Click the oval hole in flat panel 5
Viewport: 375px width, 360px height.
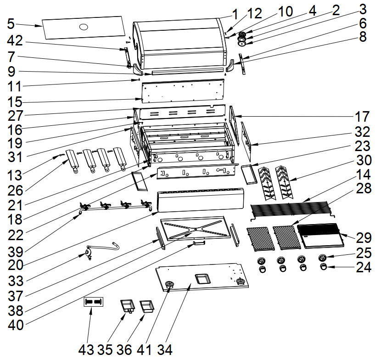click(x=84, y=27)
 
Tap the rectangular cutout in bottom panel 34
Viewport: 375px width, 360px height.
click(x=201, y=278)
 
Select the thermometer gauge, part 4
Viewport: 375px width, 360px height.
click(x=242, y=36)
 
